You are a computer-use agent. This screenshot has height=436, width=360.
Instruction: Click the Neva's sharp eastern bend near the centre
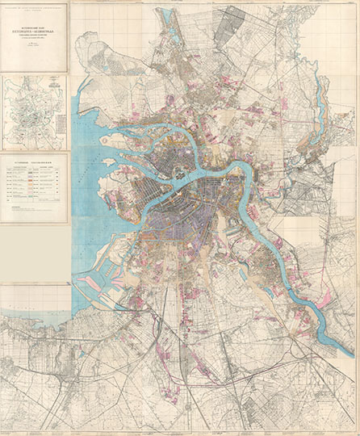(240, 170)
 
